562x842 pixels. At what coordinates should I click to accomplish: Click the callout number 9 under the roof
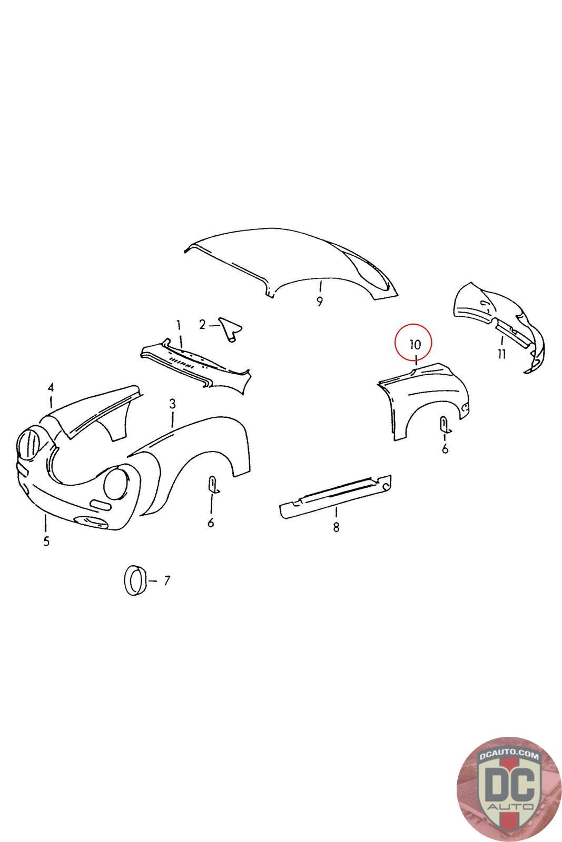pos(319,302)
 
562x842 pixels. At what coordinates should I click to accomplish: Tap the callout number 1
pos(179,325)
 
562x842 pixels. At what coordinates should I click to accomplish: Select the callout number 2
pos(202,324)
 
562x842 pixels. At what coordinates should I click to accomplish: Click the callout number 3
pos(172,404)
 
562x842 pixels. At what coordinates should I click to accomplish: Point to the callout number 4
pos(51,387)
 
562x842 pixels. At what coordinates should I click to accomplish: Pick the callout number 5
pos(46,542)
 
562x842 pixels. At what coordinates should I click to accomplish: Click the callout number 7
pos(167,581)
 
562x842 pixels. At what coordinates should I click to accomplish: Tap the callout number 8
pos(336,527)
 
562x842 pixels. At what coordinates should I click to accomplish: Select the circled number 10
pos(415,344)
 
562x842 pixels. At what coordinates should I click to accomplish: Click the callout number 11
pos(501,354)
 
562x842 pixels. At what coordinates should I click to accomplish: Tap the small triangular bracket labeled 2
pos(231,329)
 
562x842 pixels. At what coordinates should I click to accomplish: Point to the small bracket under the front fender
pos(213,485)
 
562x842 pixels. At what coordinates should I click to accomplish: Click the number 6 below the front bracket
pos(211,522)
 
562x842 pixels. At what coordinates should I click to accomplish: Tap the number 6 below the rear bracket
pos(445,449)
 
